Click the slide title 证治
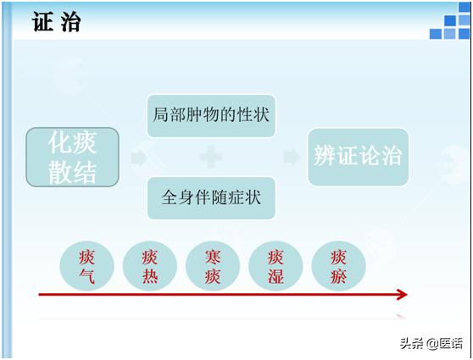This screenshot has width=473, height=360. pos(58,22)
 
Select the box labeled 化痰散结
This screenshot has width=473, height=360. pos(72,158)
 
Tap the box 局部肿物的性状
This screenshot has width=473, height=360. pos(211,114)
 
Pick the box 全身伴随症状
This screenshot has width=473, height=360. pos(211,197)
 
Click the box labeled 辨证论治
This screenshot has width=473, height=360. pos(358,157)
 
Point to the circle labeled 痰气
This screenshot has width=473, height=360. pos(86,265)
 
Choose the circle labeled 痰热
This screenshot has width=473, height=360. pos(150,265)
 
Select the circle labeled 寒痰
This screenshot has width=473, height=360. pos(213,265)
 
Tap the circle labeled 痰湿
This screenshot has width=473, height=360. pos(275,265)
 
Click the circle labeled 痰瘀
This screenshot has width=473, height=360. pos(339,265)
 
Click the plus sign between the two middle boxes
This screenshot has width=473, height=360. pos(211,157)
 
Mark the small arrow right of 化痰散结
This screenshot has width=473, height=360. pos(137,158)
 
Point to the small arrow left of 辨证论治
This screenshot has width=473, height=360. pos(291,157)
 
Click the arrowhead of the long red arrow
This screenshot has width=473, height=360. pos(401,294)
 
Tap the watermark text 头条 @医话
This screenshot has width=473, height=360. pos(431,343)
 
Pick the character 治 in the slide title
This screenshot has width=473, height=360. pos(70,22)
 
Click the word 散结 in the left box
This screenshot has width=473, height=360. pos(72,173)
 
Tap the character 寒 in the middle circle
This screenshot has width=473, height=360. pos(213,256)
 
